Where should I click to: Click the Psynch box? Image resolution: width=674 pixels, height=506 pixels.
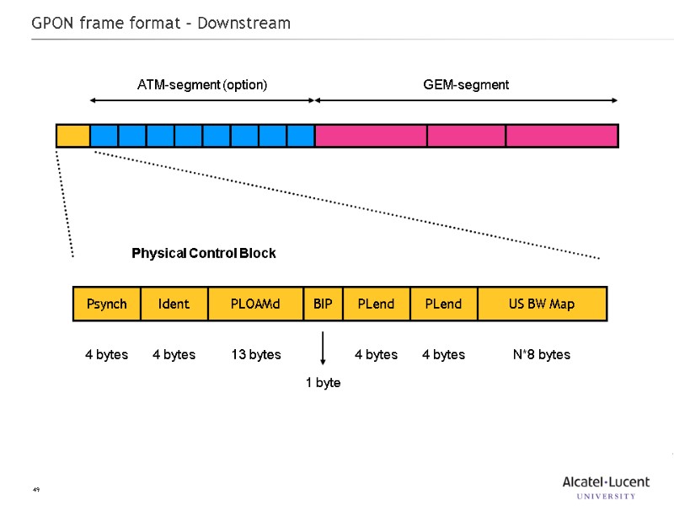[x=106, y=304]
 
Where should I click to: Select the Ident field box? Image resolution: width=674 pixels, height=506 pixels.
[x=174, y=304]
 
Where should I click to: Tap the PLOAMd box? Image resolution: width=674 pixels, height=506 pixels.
[x=255, y=304]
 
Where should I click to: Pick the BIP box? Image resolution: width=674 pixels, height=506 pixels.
[x=323, y=304]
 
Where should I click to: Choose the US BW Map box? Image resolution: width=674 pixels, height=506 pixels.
[x=542, y=304]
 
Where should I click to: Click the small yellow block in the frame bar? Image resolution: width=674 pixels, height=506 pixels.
[x=73, y=136]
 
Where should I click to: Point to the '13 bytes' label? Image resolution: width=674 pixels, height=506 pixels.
[x=256, y=355]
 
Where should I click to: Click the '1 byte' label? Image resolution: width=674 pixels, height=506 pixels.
[x=323, y=383]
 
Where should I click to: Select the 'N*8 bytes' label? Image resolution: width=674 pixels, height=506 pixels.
[x=542, y=355]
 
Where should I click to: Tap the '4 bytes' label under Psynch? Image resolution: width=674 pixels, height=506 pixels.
[x=106, y=355]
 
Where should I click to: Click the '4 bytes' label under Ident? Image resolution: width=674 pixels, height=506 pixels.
[x=174, y=355]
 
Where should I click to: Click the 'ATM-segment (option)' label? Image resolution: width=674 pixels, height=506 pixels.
[x=202, y=85]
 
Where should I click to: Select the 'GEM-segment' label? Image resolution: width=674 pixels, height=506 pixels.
[x=466, y=85]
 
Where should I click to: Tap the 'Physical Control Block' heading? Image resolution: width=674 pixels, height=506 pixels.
[x=204, y=253]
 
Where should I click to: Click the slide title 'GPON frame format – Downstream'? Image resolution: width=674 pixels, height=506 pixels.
[x=161, y=24]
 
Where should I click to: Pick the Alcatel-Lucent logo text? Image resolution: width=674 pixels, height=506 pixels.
[x=606, y=482]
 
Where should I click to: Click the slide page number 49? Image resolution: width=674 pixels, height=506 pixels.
[x=36, y=489]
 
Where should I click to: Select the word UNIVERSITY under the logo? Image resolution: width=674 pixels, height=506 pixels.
[x=607, y=496]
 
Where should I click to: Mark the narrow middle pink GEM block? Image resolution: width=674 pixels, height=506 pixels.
[x=466, y=136]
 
